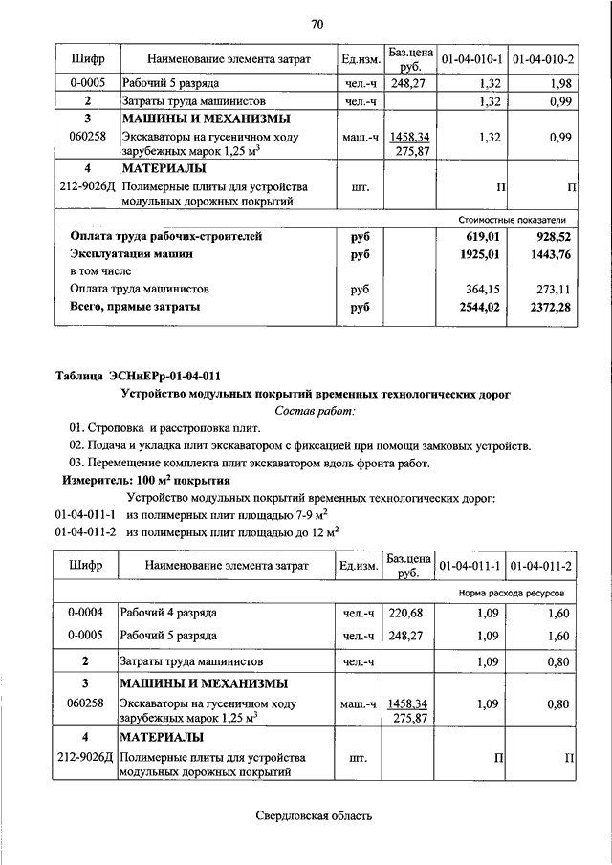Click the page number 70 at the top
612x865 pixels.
317,23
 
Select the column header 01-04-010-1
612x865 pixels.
470,60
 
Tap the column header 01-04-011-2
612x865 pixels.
541,566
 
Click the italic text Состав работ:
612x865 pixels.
315,411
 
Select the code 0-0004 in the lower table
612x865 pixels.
86,612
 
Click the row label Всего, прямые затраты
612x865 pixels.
135,308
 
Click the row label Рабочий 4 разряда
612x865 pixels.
168,612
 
